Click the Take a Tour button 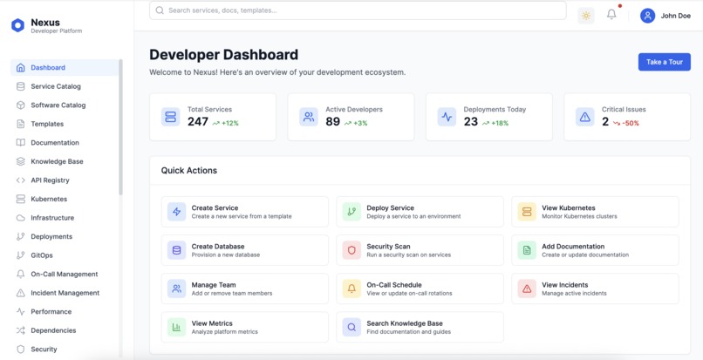(664, 62)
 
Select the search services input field (358, 10)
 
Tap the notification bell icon (611, 15)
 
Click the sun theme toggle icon (585, 15)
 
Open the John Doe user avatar (647, 15)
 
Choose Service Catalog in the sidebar (56, 86)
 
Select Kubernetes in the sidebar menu (49, 199)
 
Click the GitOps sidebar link (42, 255)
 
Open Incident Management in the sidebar (65, 293)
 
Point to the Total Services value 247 (198, 122)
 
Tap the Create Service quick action (244, 212)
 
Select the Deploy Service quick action (420, 212)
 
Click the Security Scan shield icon (351, 250)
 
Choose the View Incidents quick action (595, 289)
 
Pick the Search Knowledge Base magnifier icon (351, 327)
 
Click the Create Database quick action (244, 250)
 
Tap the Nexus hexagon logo (17, 25)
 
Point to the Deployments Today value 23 (471, 122)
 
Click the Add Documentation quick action (595, 250)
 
